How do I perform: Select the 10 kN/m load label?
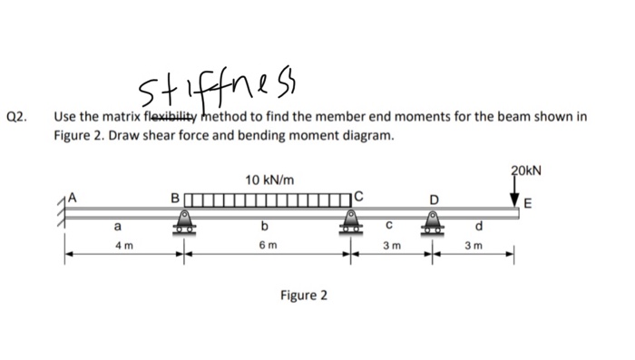coord(269,180)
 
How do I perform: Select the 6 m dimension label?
coord(264,246)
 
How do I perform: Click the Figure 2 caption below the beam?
coord(305,296)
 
